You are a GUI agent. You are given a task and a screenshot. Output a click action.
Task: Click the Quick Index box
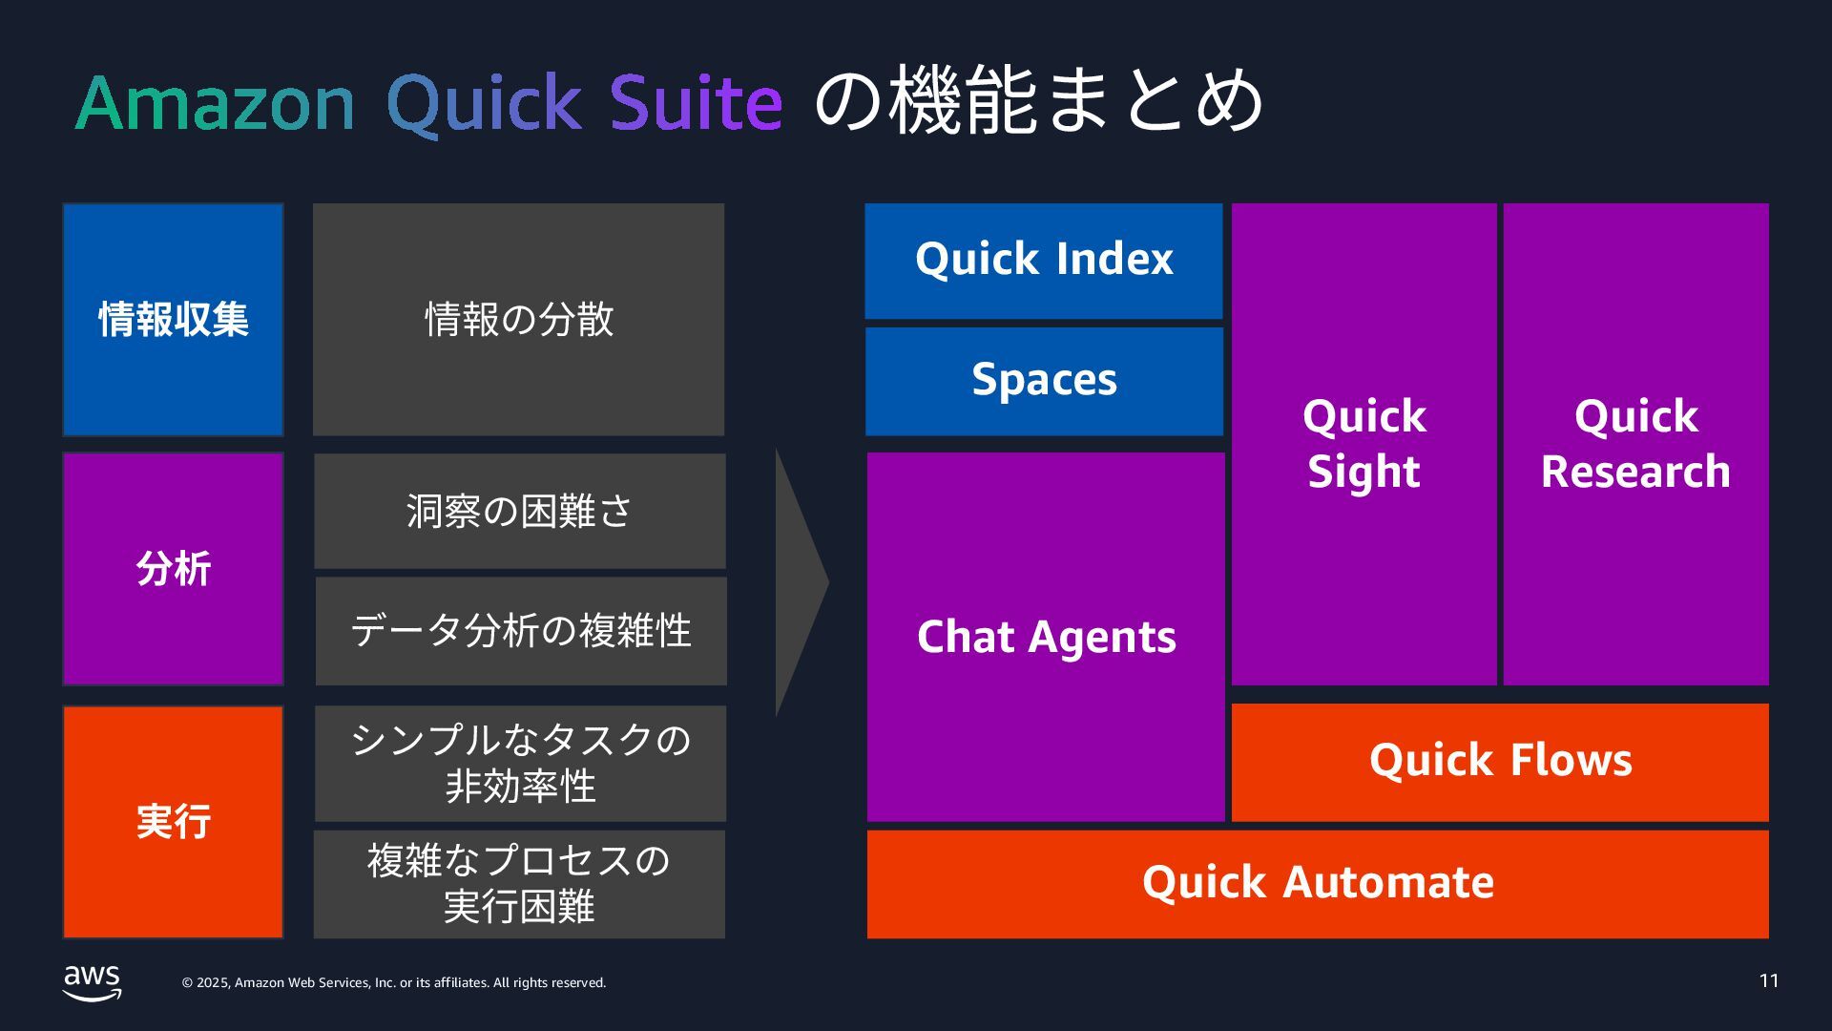coord(1043,260)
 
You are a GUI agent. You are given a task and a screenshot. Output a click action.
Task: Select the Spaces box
coord(1044,381)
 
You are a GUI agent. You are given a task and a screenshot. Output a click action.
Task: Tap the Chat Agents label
coord(1046,637)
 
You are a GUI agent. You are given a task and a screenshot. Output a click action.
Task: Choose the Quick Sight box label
coord(1364,444)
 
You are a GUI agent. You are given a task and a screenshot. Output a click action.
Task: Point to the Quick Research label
coord(1635,444)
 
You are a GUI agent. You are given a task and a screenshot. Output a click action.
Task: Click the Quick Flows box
coord(1500,762)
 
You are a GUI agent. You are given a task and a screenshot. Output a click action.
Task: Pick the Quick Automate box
coord(1317,883)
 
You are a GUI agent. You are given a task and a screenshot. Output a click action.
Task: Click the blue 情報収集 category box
coord(173,320)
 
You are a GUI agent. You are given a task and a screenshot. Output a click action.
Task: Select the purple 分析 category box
coord(173,569)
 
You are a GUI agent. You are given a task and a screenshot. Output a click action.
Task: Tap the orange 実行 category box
coord(173,822)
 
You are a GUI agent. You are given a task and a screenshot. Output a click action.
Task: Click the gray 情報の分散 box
coord(518,320)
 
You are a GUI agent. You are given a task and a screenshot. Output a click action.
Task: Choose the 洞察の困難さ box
coord(519,512)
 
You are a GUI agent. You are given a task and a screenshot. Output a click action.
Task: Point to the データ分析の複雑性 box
coord(520,631)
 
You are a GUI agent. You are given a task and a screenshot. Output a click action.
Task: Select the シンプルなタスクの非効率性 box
coord(520,763)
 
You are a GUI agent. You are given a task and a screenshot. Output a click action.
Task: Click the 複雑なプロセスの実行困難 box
coord(519,884)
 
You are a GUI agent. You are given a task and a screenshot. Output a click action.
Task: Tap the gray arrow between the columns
coord(797,582)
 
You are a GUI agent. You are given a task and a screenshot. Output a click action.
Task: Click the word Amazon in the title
coord(215,103)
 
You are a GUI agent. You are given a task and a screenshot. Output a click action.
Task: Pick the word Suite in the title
coord(696,103)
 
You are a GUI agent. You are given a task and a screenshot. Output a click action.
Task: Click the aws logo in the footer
coord(92,982)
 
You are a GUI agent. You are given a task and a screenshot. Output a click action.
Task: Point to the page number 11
coord(1768,981)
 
